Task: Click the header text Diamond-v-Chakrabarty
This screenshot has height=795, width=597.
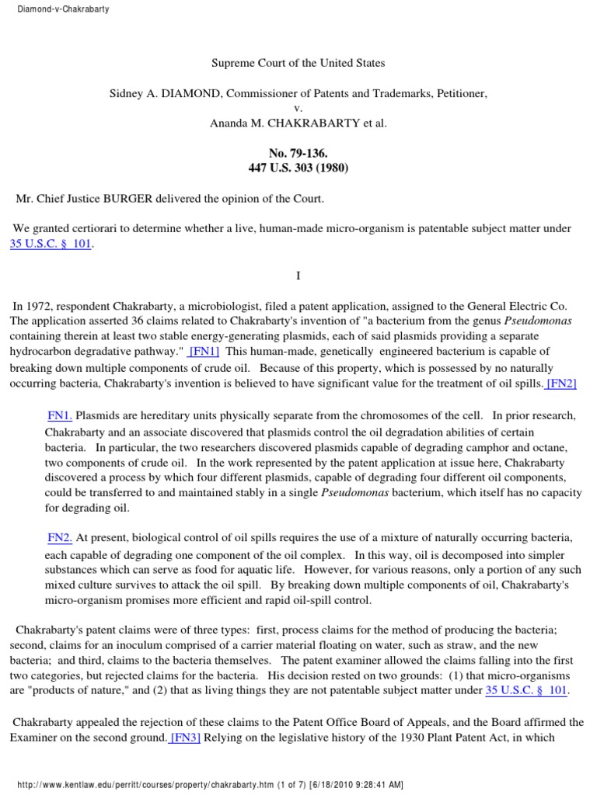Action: (x=59, y=9)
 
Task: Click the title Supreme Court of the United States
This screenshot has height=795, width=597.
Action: (x=298, y=63)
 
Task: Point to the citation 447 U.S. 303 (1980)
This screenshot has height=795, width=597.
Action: (x=298, y=168)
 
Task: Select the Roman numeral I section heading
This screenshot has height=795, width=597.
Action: (x=298, y=276)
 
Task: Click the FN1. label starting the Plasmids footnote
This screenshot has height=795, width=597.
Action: (x=60, y=415)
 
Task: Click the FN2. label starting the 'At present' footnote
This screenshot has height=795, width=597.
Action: (x=60, y=537)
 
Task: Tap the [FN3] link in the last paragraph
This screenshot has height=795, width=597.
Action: (x=185, y=738)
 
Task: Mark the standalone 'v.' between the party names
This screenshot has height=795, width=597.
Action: (x=298, y=108)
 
